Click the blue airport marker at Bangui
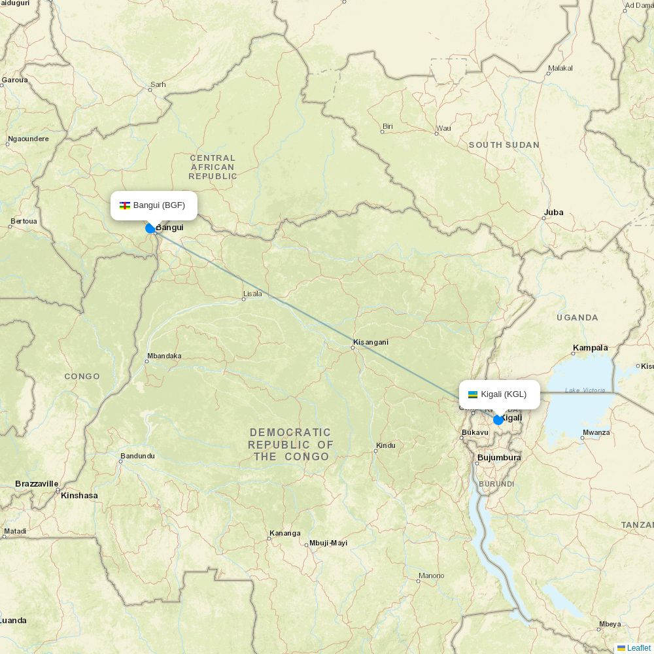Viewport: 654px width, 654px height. click(150, 228)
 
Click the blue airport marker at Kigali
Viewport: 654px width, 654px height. click(498, 420)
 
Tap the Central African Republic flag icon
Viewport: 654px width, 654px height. click(124, 205)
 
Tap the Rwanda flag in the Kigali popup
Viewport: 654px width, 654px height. click(473, 394)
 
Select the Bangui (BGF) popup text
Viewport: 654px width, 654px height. click(159, 205)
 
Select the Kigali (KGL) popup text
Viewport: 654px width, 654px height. click(504, 394)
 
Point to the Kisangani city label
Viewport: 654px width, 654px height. click(371, 342)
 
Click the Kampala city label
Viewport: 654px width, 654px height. click(590, 348)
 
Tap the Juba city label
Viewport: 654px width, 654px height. click(553, 213)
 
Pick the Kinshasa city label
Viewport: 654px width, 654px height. click(79, 496)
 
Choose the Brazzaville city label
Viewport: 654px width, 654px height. click(37, 484)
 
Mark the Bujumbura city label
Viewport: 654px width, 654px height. click(499, 458)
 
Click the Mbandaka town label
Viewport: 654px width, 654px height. click(164, 356)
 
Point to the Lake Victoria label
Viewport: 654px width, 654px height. click(585, 390)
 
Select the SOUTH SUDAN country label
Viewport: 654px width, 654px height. click(504, 145)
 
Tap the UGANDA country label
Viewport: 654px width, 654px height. click(577, 318)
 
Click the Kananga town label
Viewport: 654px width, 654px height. click(285, 534)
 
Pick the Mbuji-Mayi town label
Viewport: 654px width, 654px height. click(328, 543)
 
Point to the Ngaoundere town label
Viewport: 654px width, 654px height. click(28, 139)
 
